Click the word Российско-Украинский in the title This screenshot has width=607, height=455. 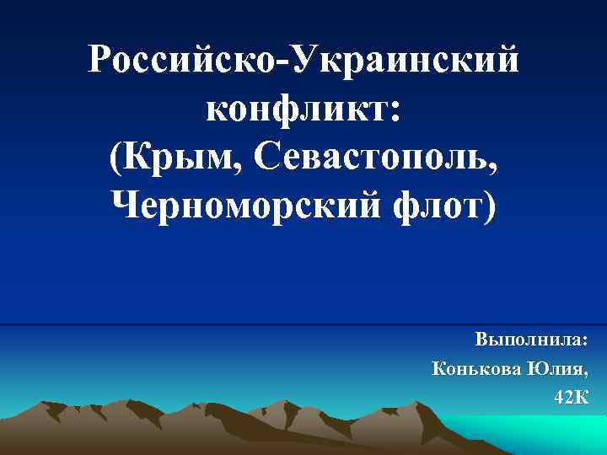tap(303, 60)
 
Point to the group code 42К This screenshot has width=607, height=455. tap(571, 397)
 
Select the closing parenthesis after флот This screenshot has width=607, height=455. tap(491, 205)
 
